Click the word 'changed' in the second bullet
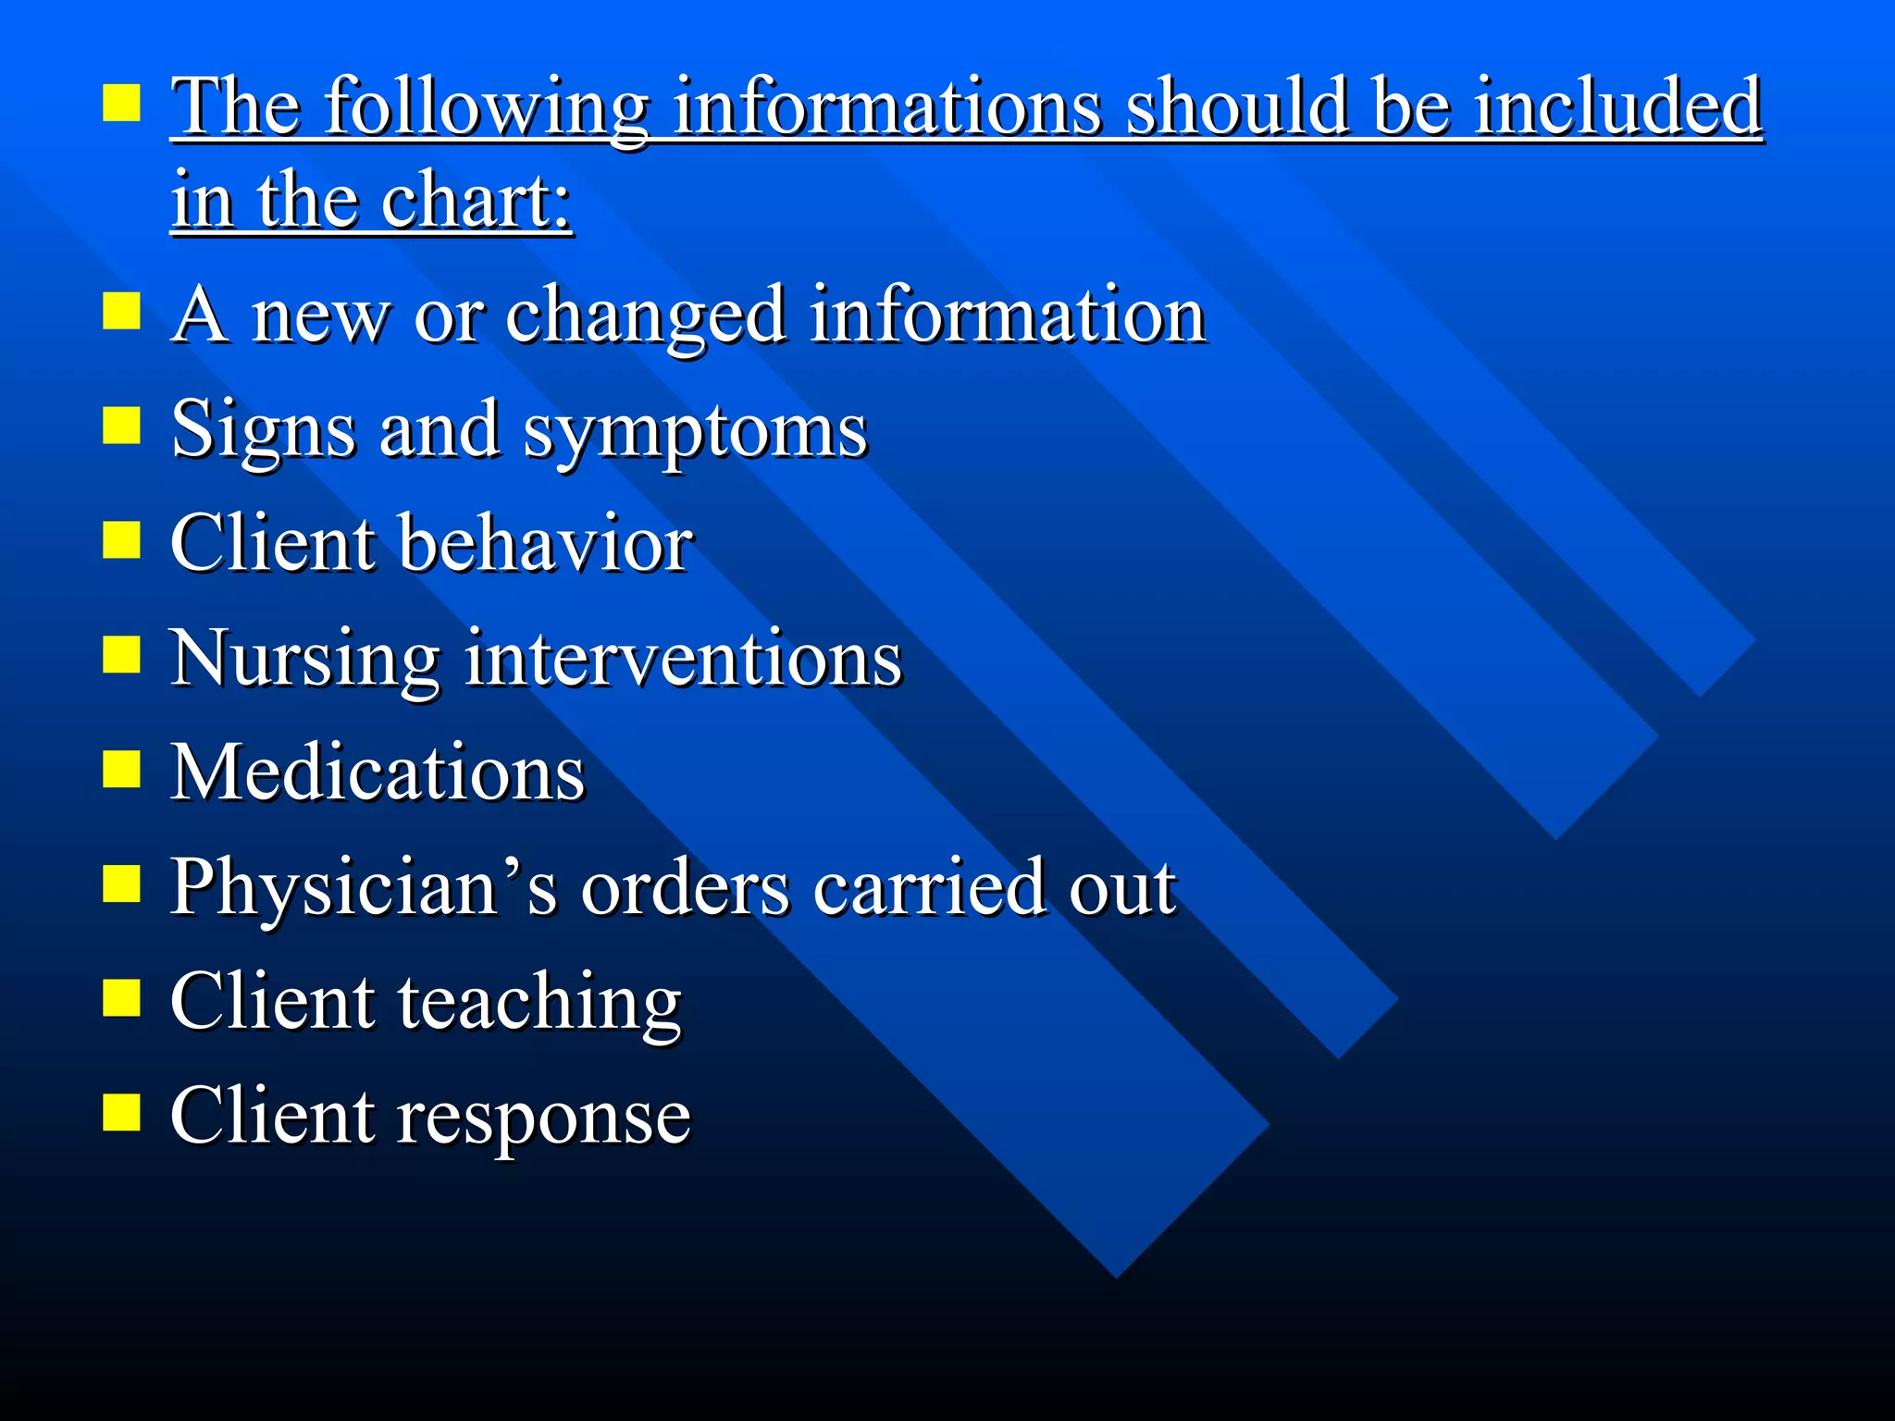(645, 317)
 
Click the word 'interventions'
(683, 659)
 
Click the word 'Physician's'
(364, 888)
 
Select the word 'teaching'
(539, 1004)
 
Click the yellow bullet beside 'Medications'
(121, 769)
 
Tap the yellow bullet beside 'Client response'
(121, 1113)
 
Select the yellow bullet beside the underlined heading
(121, 104)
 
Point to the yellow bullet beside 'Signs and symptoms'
(121, 426)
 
